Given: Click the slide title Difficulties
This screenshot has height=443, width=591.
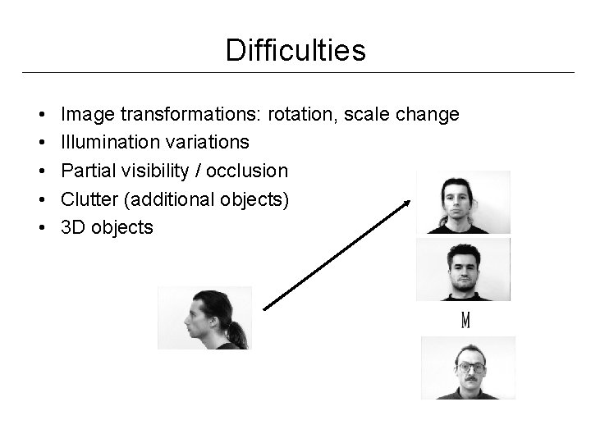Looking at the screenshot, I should pos(295,51).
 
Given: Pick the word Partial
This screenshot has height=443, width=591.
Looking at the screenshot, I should pos(85,171).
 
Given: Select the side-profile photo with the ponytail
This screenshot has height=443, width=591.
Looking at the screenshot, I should pos(204,317).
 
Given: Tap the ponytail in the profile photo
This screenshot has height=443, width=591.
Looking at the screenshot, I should pos(236,331).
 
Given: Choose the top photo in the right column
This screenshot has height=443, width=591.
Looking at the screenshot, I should pos(463,203).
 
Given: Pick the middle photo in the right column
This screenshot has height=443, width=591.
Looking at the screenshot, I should pos(463,269).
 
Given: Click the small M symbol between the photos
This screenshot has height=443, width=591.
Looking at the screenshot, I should pos(465,321).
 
